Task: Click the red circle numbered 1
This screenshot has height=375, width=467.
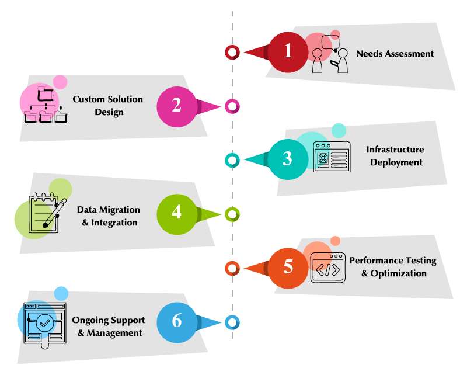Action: [x=287, y=51]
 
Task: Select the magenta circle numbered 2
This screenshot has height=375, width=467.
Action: [x=176, y=106]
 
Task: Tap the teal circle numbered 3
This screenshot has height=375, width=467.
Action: [x=287, y=159]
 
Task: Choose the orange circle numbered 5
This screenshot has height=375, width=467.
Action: [x=287, y=267]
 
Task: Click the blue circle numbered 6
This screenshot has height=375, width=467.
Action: [x=176, y=321]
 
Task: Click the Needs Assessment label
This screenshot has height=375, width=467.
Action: [x=395, y=54]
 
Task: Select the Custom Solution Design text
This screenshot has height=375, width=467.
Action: [x=108, y=105]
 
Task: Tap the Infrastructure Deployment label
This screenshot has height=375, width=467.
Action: [x=395, y=156]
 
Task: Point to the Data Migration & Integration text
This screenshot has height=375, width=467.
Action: [x=109, y=216]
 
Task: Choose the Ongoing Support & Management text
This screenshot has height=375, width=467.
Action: [x=109, y=327]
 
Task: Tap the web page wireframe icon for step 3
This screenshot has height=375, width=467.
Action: [x=332, y=157]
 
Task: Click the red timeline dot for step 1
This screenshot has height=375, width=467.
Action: [x=232, y=52]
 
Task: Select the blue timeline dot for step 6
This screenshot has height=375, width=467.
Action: [x=232, y=322]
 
